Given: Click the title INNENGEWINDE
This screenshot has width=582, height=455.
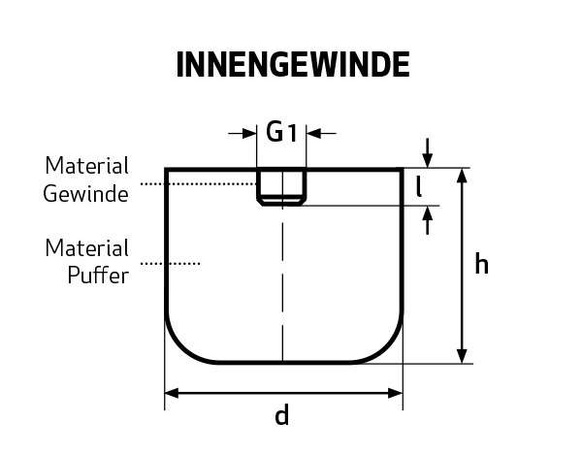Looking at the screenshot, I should click(x=292, y=65).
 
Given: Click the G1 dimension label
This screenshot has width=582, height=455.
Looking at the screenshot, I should click(x=281, y=133).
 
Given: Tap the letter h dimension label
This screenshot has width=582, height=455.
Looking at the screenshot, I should click(x=481, y=265).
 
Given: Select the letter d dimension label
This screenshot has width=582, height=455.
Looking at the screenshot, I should click(x=282, y=417).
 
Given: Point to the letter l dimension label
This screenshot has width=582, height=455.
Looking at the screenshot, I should click(x=418, y=185).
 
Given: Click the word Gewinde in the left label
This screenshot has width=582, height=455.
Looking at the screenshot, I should click(x=86, y=194).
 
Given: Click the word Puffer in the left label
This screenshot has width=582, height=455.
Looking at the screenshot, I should click(x=98, y=276).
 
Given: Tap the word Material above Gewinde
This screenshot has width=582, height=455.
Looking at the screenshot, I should click(x=87, y=166).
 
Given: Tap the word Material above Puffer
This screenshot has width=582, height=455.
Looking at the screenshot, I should click(x=87, y=248).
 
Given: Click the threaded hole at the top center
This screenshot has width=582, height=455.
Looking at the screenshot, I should click(x=281, y=186).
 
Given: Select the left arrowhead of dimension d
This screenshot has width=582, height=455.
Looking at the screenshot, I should click(x=173, y=393).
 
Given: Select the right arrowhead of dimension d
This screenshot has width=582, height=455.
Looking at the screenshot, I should click(x=395, y=393).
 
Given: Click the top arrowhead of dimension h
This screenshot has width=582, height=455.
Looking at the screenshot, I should click(x=464, y=176).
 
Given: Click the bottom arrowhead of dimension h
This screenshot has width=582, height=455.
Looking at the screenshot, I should click(x=464, y=355).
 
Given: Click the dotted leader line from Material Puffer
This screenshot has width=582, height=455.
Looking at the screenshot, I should click(x=171, y=263).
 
